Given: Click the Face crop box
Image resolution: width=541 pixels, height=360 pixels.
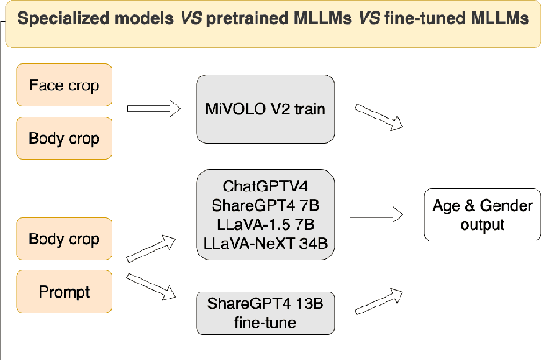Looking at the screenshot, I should [63, 86].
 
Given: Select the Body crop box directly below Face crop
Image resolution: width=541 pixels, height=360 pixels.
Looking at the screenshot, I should [63, 138].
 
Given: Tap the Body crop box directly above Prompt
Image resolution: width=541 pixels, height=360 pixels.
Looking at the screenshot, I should [63, 239].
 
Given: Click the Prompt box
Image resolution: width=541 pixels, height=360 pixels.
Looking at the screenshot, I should [63, 291].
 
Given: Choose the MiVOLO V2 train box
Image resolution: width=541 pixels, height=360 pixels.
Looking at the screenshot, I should [264, 109].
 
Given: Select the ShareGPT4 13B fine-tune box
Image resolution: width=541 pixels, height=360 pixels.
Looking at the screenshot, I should [264, 313].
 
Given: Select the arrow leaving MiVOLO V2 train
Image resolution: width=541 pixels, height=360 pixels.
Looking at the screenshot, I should [379, 117].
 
